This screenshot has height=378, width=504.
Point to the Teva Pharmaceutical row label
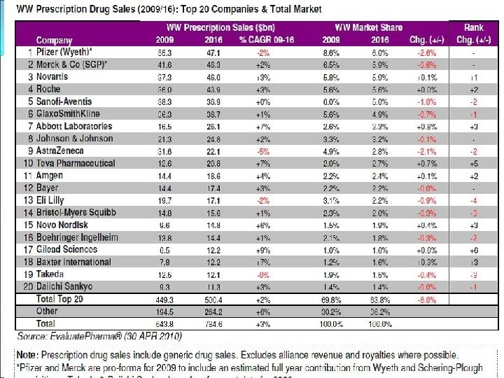76,163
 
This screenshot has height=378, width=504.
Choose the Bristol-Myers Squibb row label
76,212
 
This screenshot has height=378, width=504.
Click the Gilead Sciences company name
67,249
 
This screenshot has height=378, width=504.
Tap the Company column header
55,40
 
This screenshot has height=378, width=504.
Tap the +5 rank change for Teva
474,163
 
